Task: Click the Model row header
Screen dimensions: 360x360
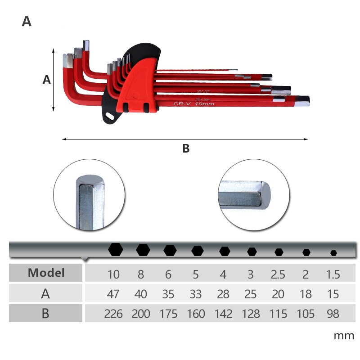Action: coord(46,273)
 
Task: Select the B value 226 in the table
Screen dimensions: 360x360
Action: coord(113,314)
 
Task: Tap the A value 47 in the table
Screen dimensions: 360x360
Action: coord(113,294)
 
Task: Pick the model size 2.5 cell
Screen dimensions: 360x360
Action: coord(279,274)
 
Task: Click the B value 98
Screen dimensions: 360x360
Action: coord(333,314)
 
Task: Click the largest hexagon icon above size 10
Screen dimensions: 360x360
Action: coord(116,249)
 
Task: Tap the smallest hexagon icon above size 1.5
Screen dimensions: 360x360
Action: coord(333,253)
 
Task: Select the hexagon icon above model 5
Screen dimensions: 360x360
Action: coord(197,251)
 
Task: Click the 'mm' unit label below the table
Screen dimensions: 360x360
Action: coord(343,335)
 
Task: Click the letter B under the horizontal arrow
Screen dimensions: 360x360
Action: coord(186,149)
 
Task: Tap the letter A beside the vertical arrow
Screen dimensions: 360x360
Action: coord(46,80)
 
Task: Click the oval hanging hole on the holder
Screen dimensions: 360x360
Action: coord(109,116)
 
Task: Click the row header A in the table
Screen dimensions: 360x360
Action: coord(45,294)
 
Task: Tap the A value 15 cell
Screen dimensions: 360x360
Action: coord(333,294)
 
